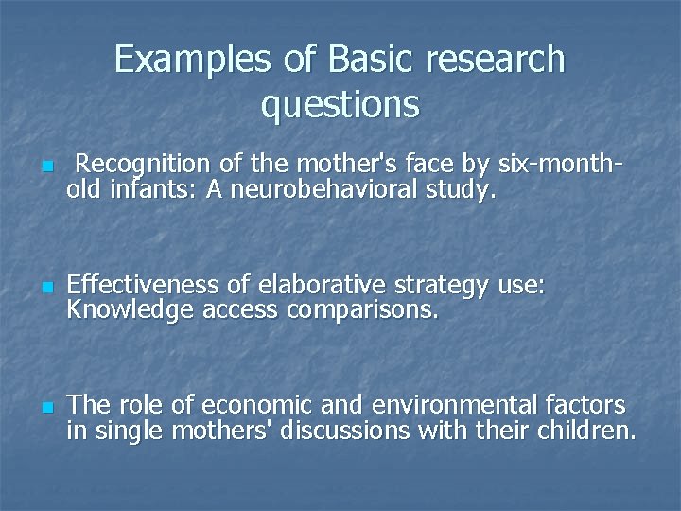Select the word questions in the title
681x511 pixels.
[340, 104]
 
